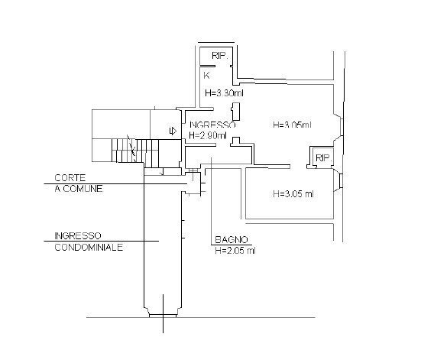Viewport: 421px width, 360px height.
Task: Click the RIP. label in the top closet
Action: (220, 56)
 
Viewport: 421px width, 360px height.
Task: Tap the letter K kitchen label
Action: (206, 76)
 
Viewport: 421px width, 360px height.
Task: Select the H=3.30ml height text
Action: (224, 93)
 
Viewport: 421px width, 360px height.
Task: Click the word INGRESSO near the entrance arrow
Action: (212, 125)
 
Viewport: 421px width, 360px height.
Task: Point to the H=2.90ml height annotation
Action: (208, 135)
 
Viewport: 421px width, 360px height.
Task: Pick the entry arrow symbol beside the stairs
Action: (173, 131)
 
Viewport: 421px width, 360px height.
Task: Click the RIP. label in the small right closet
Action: (324, 158)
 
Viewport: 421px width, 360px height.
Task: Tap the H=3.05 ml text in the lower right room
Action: (293, 193)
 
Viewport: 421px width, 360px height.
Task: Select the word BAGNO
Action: (232, 239)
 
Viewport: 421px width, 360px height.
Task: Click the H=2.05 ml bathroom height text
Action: (235, 251)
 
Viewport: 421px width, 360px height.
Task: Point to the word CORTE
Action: (70, 178)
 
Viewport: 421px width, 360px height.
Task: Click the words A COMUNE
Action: (79, 189)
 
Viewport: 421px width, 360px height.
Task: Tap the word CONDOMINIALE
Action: (89, 247)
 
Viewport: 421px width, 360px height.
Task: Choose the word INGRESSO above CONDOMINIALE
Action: (78, 235)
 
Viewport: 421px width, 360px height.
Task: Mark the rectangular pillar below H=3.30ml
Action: (236, 112)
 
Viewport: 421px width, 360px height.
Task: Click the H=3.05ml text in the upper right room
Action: (292, 125)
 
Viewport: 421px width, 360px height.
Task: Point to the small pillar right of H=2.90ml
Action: (236, 141)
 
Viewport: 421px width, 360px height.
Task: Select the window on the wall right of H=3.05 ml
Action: (341, 181)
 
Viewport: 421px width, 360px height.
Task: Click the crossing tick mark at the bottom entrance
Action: (163, 314)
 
